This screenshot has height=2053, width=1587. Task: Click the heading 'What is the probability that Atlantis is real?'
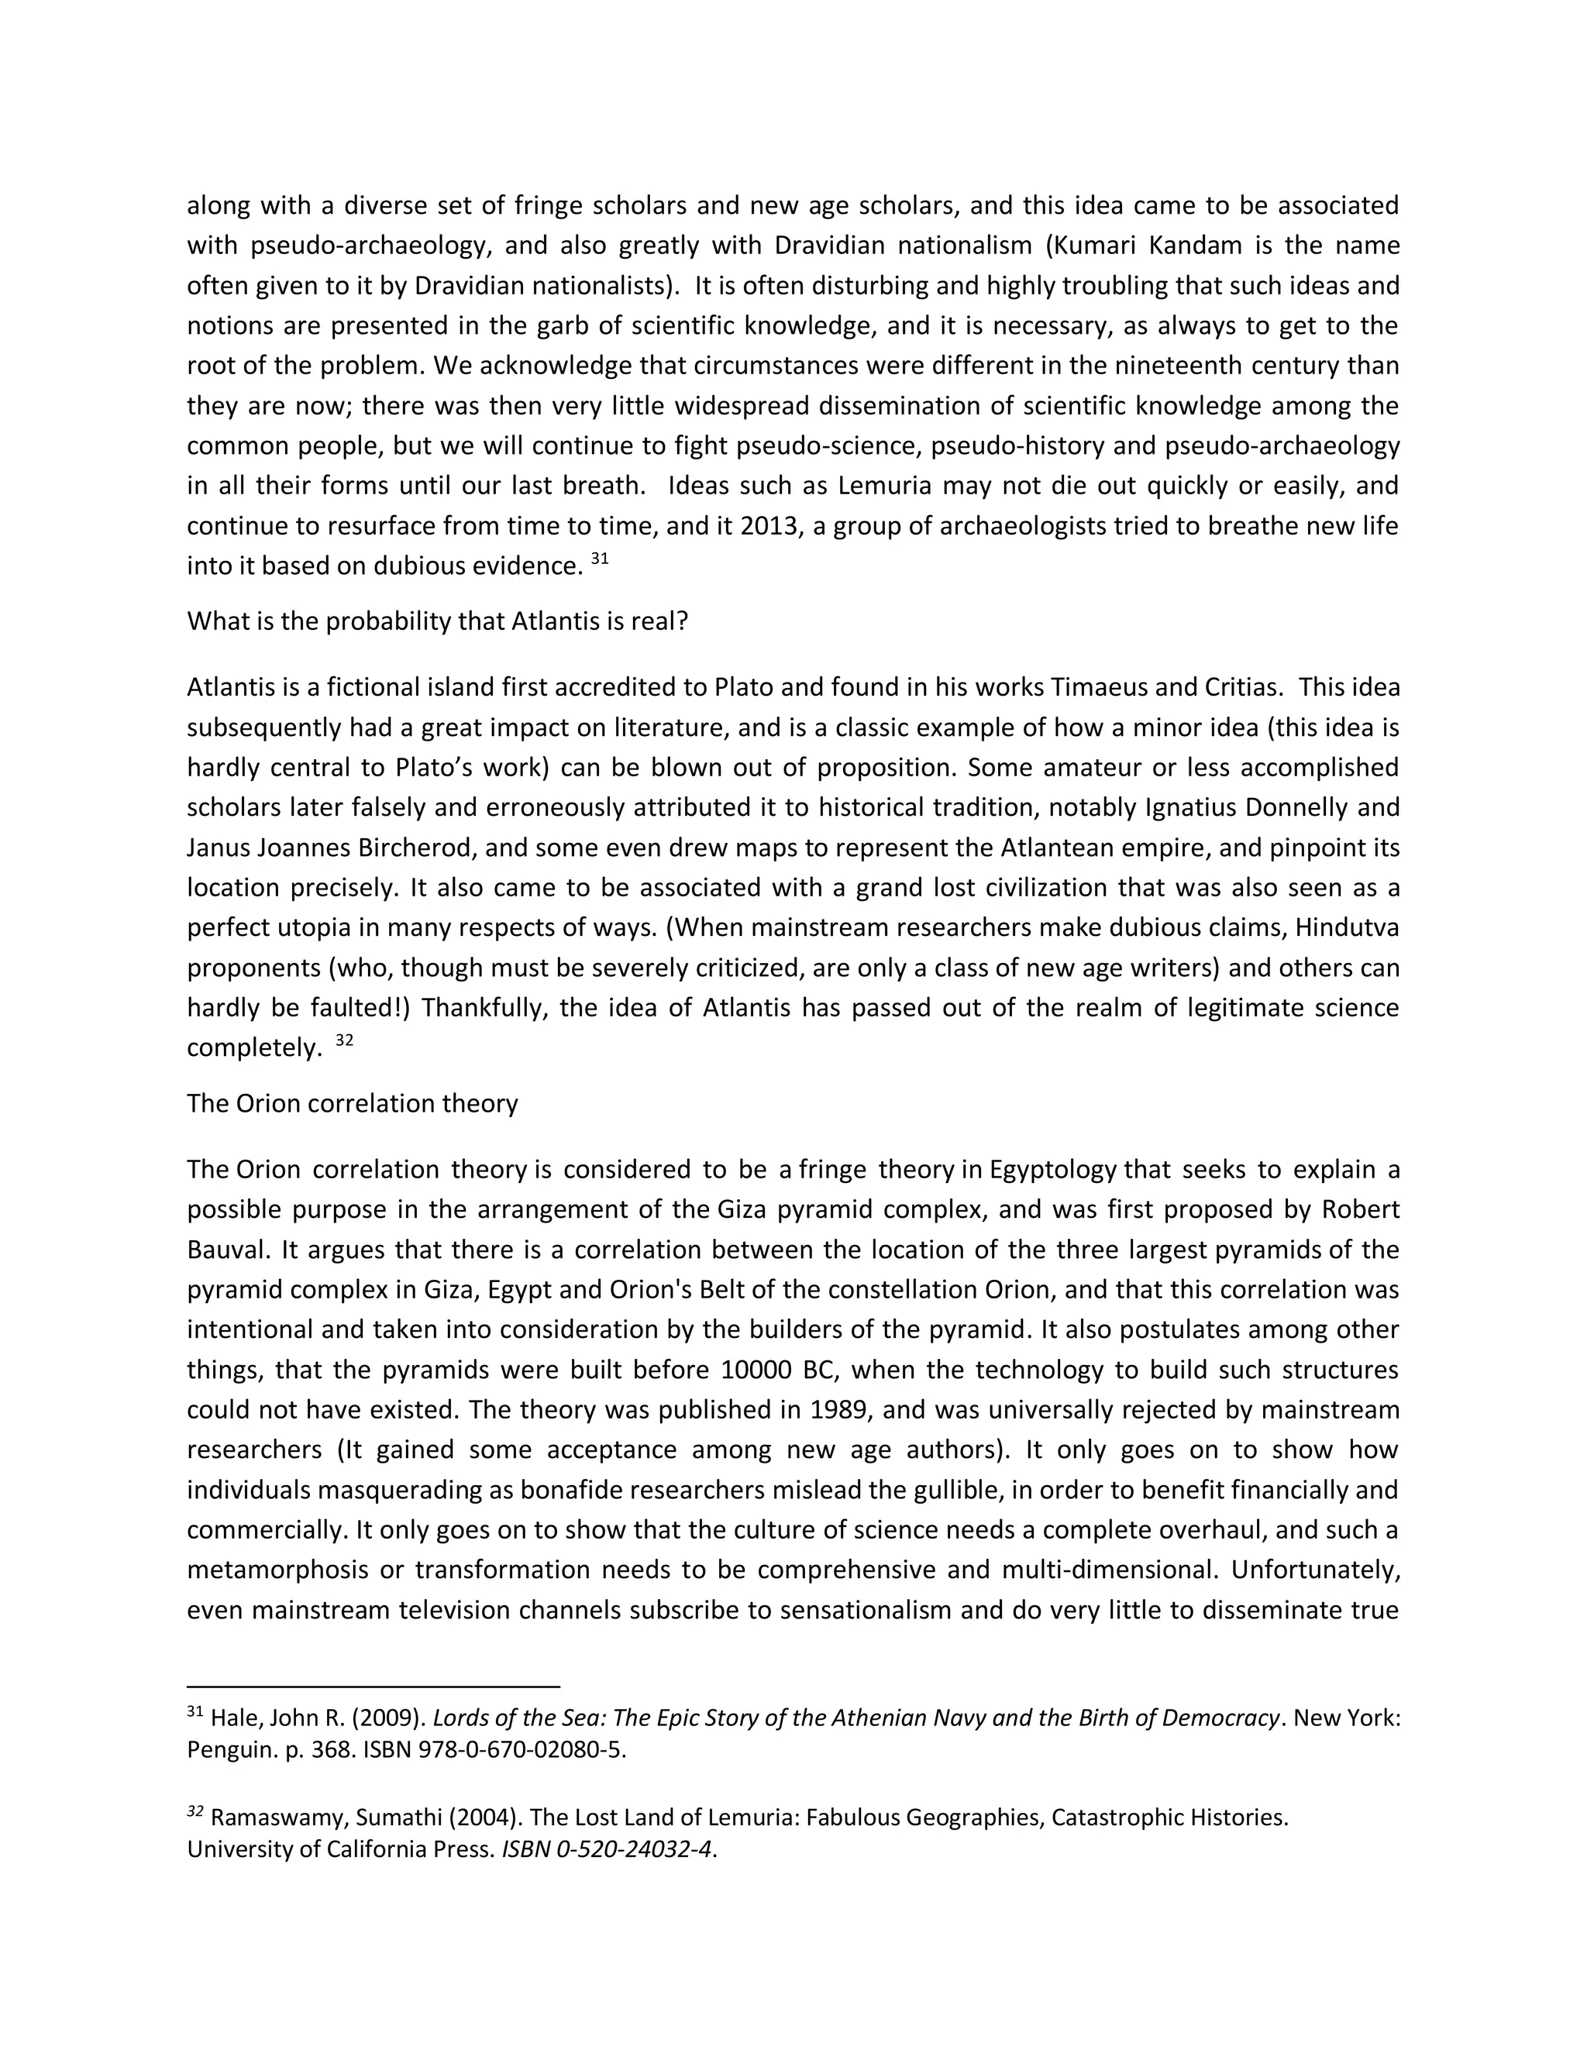click(437, 621)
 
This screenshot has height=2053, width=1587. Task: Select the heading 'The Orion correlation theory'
click(353, 1102)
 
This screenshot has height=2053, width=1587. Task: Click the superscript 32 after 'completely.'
click(344, 1040)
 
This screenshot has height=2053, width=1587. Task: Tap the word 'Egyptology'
click(1057, 1169)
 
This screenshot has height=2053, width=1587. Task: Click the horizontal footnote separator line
click(374, 1687)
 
